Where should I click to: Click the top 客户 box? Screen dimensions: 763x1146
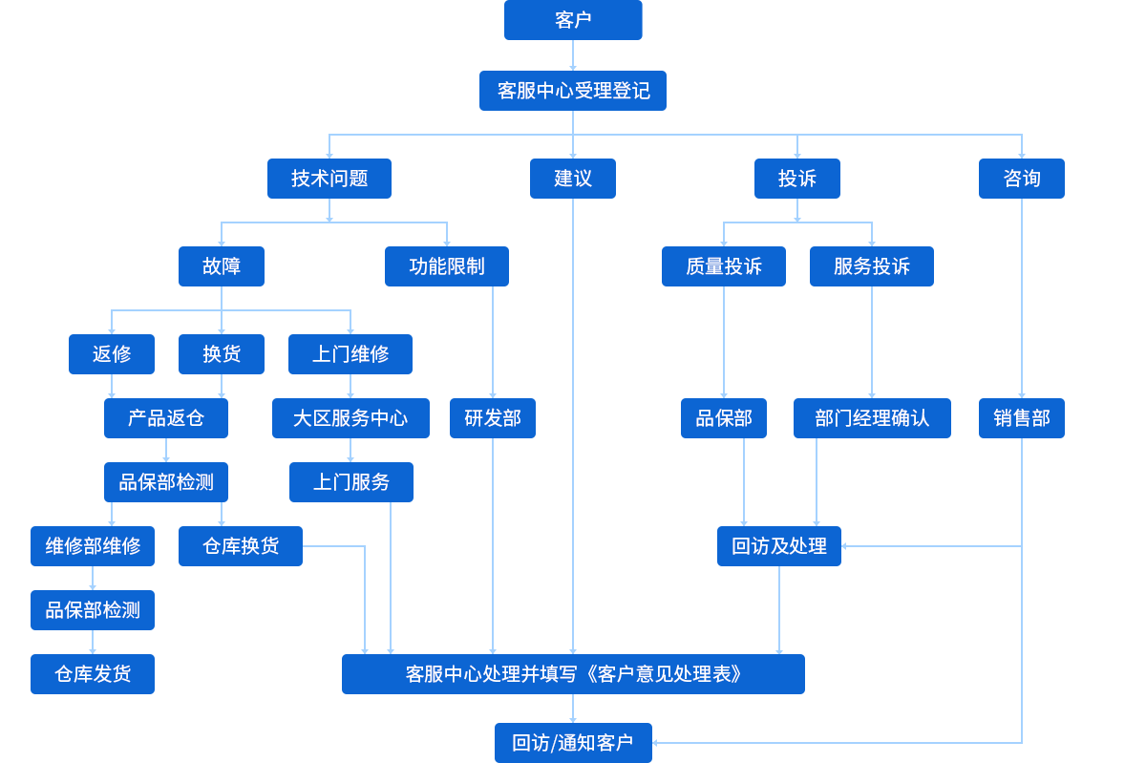coord(572,20)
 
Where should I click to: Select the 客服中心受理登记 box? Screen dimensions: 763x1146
coord(572,90)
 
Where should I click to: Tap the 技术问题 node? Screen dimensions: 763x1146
coord(329,178)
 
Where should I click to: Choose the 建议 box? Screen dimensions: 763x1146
coord(572,178)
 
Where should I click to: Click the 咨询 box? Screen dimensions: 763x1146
coord(1020,178)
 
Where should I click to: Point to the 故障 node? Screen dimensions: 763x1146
coord(221,265)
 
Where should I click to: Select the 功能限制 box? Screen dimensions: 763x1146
coord(446,265)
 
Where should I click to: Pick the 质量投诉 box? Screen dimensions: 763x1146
coord(723,265)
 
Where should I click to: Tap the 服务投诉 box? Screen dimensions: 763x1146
coord(871,265)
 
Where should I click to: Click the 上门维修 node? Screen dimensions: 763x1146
coord(350,353)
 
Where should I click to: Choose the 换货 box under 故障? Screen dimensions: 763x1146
coord(221,353)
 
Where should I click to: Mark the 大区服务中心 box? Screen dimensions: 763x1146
coord(350,417)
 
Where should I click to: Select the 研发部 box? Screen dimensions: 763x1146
coord(492,417)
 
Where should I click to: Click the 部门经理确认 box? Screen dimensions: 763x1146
coord(871,417)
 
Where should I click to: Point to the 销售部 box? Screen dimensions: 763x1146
coord(1020,417)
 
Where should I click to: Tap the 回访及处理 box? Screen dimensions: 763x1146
coord(778,545)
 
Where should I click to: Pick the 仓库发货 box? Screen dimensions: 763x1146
coord(93,673)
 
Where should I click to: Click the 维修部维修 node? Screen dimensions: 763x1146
coord(93,545)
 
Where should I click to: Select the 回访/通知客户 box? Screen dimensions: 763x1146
coord(572,742)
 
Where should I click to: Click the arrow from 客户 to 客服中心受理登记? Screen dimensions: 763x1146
coord(572,55)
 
